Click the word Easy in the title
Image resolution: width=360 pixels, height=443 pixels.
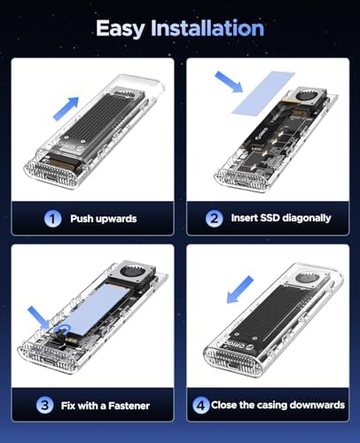coord(121,29)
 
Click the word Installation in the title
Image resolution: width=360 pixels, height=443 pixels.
coord(207,28)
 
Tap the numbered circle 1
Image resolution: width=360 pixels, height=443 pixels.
coord(52,219)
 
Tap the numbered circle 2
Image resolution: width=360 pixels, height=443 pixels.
coord(214,219)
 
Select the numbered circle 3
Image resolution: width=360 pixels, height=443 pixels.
coord(44,405)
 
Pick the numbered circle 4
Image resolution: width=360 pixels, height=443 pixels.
coord(201,405)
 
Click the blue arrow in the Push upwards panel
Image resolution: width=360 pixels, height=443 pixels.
coord(67,108)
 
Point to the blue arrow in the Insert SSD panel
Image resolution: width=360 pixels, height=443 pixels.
coord(229,82)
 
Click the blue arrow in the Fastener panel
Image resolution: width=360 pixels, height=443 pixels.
coord(39,318)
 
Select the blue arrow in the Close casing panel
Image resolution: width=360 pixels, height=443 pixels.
coord(240,290)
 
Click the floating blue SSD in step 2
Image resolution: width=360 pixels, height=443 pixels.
coord(263,92)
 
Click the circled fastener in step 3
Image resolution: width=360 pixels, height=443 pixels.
coord(63,330)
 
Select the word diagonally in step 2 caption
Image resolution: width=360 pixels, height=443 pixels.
coord(306,218)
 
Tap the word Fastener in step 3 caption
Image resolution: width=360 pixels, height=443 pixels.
coord(129,406)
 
